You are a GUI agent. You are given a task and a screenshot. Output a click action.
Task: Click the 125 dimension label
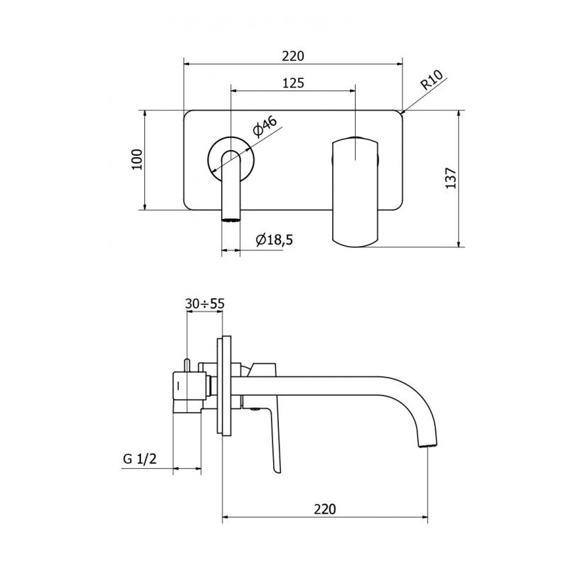pos(293,83)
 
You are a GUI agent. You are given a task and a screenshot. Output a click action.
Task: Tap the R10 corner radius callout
pos(432,80)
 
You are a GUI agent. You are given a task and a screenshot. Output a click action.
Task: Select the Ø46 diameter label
pos(265,127)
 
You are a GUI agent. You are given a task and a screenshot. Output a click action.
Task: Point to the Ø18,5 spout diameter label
pos(274,240)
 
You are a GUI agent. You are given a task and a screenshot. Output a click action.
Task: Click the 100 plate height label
pos(137,159)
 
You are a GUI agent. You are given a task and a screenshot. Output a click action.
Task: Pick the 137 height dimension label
pos(451,178)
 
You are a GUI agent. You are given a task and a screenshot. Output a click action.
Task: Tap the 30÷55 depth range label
pos(205,304)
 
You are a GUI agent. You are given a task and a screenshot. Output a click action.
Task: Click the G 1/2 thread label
pos(139,459)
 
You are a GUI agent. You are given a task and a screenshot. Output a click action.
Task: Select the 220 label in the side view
pos(325,509)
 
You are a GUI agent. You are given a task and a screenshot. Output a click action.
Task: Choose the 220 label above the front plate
pos(293,56)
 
